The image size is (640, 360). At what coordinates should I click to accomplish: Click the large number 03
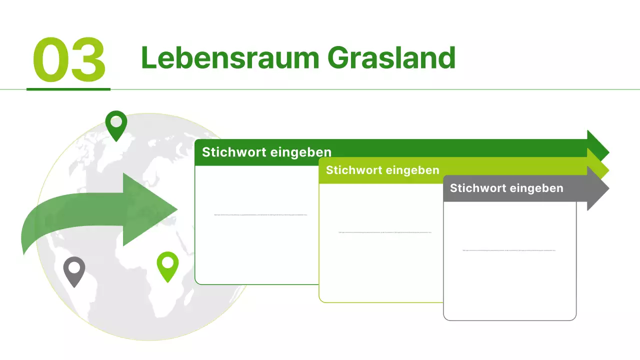[69, 60]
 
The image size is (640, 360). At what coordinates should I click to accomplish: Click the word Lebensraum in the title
[230, 58]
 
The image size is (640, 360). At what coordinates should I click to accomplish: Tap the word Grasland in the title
[391, 58]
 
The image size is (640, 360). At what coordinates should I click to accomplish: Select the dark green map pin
[116, 124]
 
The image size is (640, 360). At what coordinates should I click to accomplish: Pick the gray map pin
[74, 271]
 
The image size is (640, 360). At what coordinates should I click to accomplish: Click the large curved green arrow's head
[150, 209]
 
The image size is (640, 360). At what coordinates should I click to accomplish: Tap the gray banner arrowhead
[598, 188]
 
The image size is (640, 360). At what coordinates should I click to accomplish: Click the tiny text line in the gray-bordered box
[509, 250]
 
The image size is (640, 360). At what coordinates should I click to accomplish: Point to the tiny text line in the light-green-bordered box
[384, 232]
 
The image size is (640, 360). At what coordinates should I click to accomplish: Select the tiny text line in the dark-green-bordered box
[260, 214]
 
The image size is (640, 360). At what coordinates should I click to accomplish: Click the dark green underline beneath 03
[68, 89]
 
